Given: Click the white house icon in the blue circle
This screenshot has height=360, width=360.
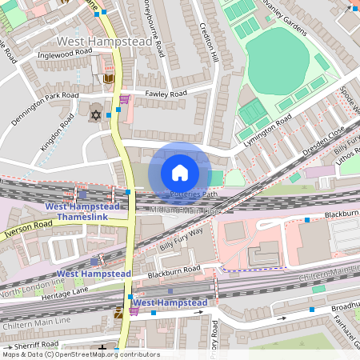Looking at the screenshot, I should pyautogui.click(x=180, y=172).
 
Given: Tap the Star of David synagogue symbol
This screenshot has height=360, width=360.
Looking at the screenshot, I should pyautogui.click(x=96, y=114).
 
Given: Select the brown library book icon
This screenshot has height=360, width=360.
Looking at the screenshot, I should pyautogui.click(x=109, y=78).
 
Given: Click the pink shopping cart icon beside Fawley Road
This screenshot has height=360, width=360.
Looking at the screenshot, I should pyautogui.click(x=124, y=100).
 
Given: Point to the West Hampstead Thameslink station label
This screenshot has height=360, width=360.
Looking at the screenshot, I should pyautogui.click(x=82, y=211).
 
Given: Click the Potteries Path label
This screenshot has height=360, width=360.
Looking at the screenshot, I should pyautogui.click(x=194, y=194).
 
